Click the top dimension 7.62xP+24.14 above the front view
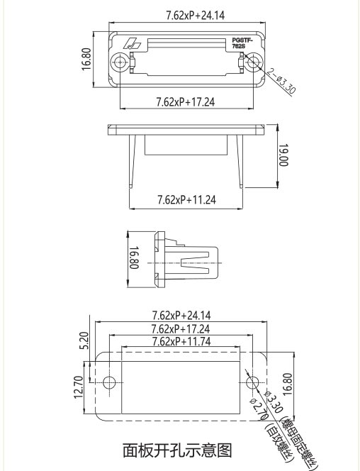tap(185, 15)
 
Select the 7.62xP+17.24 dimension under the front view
tap(186, 103)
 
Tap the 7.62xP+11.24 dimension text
tap(186, 200)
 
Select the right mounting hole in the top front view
tap(253, 62)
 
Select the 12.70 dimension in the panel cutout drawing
tap(79, 387)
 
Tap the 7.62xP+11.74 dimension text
tap(185, 341)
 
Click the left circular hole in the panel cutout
tap(108, 383)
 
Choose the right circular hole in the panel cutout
tap(253, 383)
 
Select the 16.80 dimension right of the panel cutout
tap(288, 387)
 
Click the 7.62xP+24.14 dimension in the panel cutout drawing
tap(185, 316)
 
